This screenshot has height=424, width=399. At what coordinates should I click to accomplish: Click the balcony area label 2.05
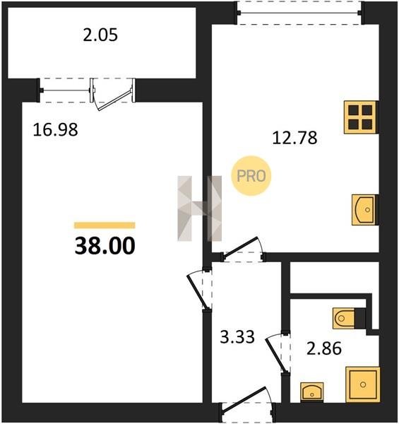pyautogui.click(x=100, y=35)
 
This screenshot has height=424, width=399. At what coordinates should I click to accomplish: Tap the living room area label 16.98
pyautogui.click(x=55, y=129)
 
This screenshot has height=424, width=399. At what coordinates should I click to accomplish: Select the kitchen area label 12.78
pyautogui.click(x=294, y=138)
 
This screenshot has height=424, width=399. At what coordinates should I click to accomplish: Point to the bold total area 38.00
pyautogui.click(x=105, y=246)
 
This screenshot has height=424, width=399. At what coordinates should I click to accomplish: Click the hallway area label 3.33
pyautogui.click(x=237, y=337)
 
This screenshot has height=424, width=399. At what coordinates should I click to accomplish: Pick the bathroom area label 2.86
pyautogui.click(x=324, y=348)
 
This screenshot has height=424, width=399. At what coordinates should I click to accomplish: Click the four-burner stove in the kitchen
pyautogui.click(x=360, y=117)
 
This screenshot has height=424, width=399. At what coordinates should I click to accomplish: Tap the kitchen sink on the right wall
pyautogui.click(x=364, y=210)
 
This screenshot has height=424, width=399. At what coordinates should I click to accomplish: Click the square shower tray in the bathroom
pyautogui.click(x=363, y=384)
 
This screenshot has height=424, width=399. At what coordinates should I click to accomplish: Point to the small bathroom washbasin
pyautogui.click(x=311, y=391)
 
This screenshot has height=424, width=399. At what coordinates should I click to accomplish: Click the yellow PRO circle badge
pyautogui.click(x=251, y=176)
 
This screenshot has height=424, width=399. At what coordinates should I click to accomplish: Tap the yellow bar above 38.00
pyautogui.click(x=105, y=225)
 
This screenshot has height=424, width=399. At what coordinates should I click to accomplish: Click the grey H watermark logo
pyautogui.click(x=200, y=208)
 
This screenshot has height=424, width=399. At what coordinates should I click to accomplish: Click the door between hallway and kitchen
pyautogui.click(x=241, y=247)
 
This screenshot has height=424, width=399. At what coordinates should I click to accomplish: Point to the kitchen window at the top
pyautogui.click(x=299, y=13)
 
